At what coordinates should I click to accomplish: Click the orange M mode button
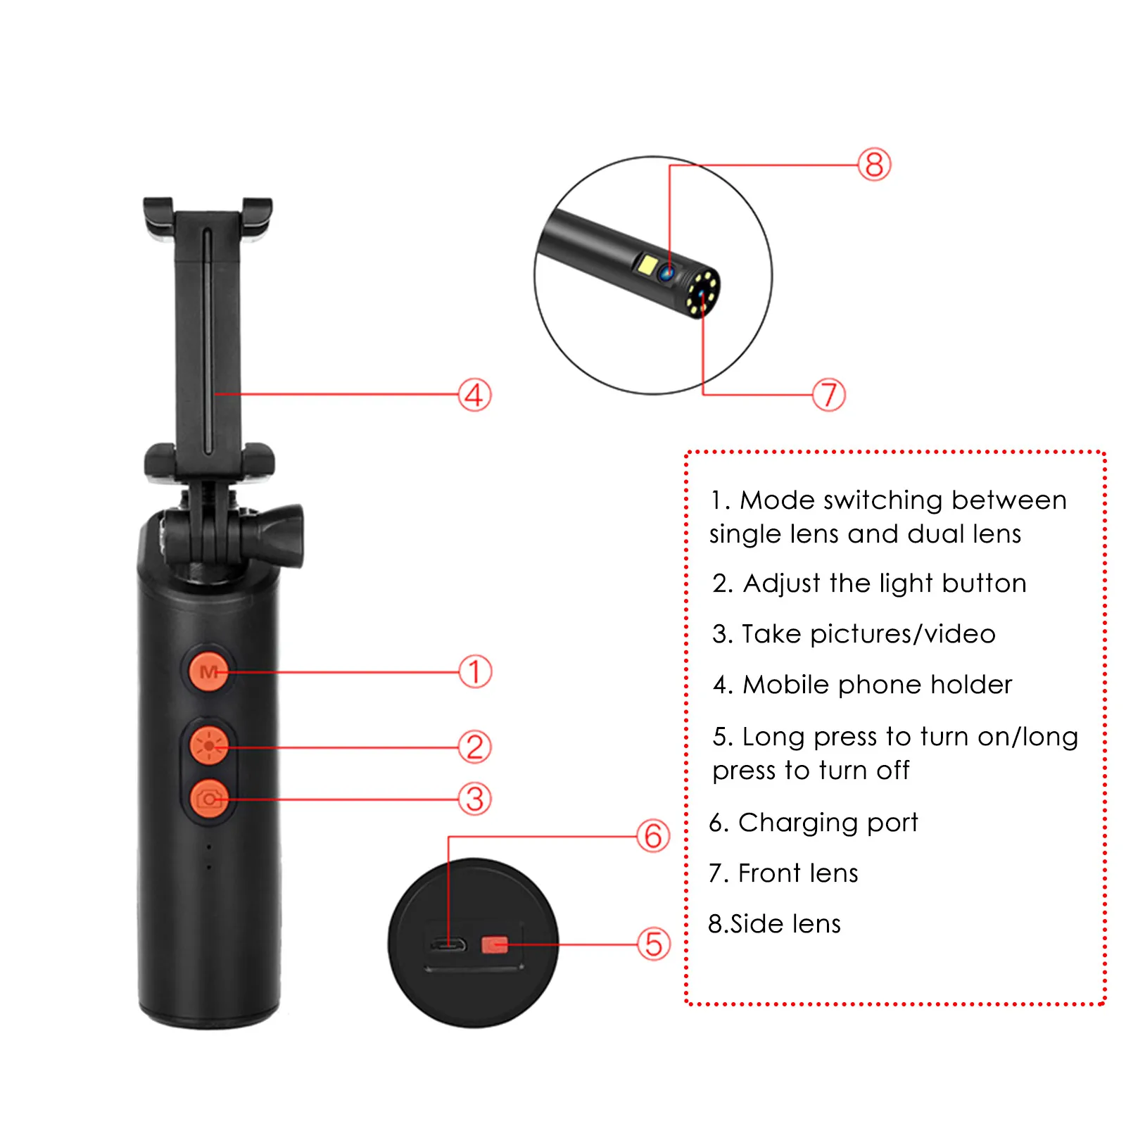click(208, 671)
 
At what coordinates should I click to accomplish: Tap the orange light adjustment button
click(209, 746)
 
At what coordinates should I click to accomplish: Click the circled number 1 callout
click(475, 671)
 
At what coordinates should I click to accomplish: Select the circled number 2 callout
click(475, 747)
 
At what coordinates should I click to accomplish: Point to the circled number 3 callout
click(475, 799)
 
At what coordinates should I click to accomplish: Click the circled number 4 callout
click(475, 395)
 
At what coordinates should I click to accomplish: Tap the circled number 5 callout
click(653, 944)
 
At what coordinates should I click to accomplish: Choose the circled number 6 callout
click(653, 836)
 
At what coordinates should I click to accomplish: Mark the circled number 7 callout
click(828, 395)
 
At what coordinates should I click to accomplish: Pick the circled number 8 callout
click(874, 165)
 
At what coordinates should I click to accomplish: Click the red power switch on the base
click(494, 944)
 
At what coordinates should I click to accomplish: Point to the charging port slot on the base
click(448, 944)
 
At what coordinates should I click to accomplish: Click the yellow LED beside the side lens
click(647, 265)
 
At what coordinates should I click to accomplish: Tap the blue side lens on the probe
click(666, 272)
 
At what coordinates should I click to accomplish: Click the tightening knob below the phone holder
click(281, 535)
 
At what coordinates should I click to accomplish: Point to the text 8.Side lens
click(774, 924)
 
